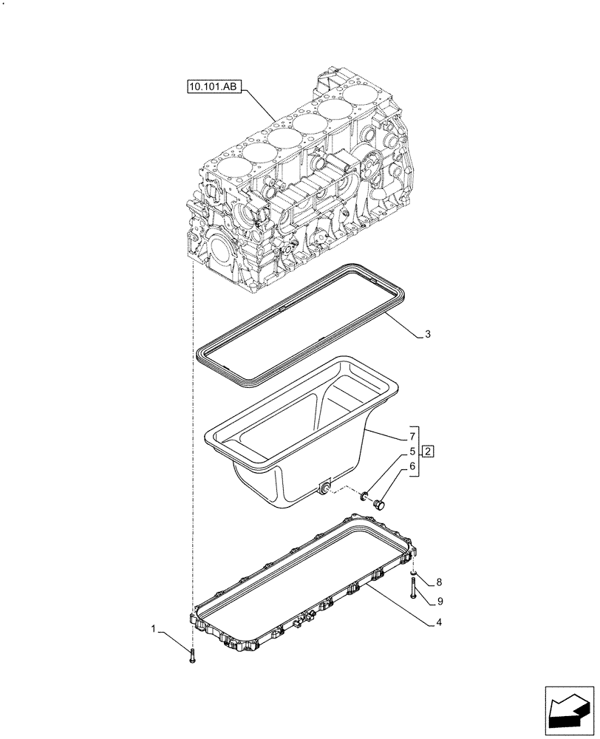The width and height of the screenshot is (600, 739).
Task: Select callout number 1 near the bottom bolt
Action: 154,630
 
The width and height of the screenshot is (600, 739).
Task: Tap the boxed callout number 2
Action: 429,451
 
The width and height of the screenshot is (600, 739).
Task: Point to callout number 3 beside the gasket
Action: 428,335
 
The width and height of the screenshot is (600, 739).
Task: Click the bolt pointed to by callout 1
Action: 192,655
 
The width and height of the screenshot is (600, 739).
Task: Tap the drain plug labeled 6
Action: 381,504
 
